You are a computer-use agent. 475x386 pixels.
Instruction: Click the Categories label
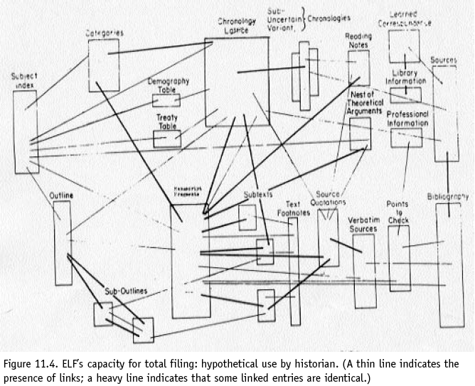pos(105,33)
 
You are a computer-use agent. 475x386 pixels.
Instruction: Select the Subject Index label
pos(23,80)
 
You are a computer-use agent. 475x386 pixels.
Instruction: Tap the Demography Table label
pos(168,85)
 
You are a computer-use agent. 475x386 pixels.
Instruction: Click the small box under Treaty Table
pos(167,139)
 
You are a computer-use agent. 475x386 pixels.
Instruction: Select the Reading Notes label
pos(358,41)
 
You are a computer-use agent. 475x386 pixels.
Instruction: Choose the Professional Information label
pos(407,119)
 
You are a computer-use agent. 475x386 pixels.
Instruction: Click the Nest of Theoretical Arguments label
pos(366,102)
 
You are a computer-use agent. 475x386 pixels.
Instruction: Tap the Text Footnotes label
pos(293,208)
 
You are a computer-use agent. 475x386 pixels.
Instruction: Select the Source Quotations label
pos(332,199)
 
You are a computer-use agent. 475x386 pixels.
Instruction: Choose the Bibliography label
pos(448,195)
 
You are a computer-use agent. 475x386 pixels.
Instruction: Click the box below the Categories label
pos(104,65)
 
